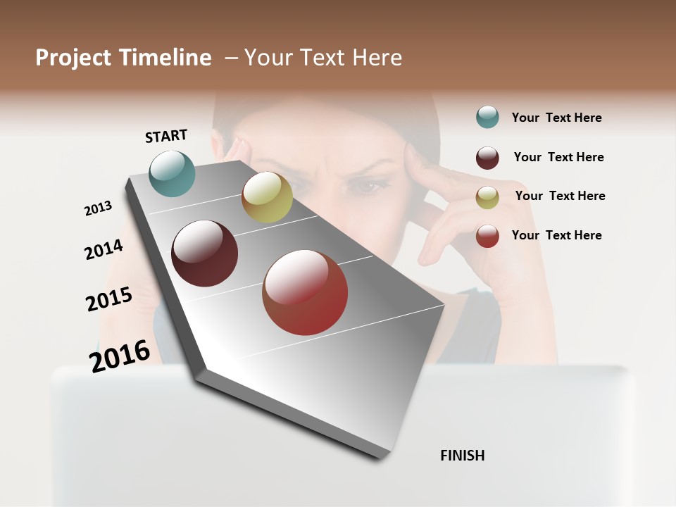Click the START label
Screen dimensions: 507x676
tap(166, 136)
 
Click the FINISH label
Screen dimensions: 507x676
tap(462, 456)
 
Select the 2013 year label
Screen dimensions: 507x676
tap(98, 208)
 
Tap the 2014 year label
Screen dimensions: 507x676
tap(104, 249)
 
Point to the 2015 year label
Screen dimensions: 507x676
tap(109, 299)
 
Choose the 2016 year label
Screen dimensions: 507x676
tap(120, 356)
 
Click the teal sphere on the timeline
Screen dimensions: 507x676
tap(173, 173)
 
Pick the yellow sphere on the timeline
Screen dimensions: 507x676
tap(267, 197)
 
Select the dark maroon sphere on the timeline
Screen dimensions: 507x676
tap(205, 254)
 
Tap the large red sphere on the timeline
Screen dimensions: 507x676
tap(305, 292)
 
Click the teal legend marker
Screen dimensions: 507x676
tap(487, 118)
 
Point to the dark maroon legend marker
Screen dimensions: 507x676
tap(487, 158)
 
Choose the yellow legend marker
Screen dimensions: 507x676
tap(487, 197)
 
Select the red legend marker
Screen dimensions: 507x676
tap(487, 236)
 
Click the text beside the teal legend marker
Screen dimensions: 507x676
tap(556, 118)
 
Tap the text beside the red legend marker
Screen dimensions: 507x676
tap(556, 235)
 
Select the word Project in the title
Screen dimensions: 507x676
tap(73, 58)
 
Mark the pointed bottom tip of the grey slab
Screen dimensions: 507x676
tap(384, 458)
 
